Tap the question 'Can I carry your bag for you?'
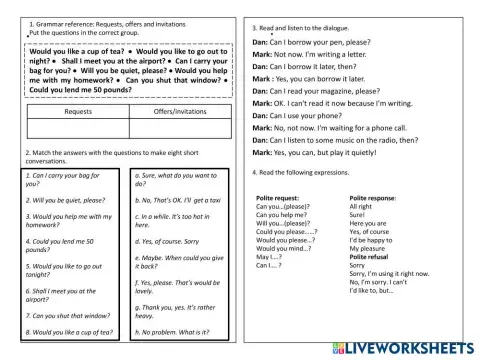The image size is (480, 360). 62,179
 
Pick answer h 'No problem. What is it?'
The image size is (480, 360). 178,331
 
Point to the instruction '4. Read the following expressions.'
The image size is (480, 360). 305,172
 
